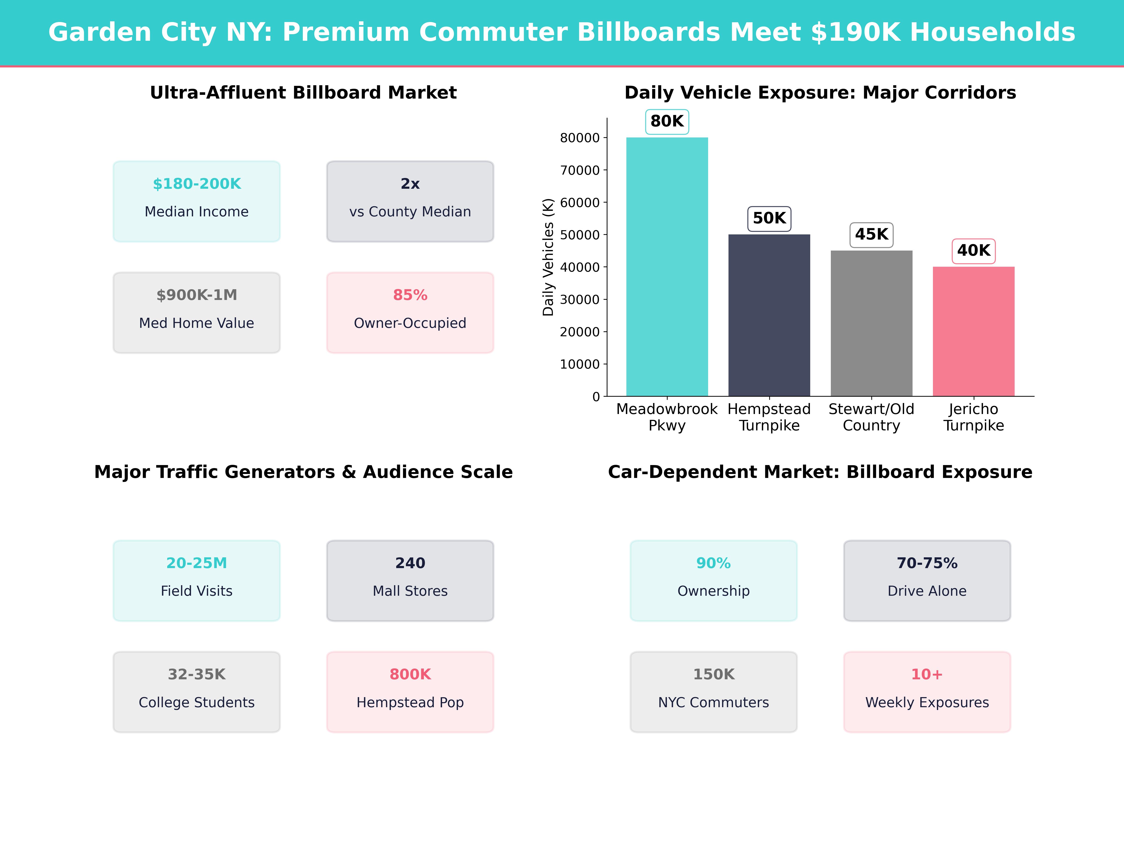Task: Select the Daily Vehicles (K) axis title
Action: click(x=548, y=257)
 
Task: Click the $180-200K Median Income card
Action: click(x=197, y=201)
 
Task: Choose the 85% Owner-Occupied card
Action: click(x=410, y=313)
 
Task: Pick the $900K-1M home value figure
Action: click(x=197, y=295)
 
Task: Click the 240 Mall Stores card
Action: click(x=410, y=580)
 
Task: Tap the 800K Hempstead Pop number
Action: click(x=410, y=674)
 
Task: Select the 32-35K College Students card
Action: click(x=197, y=691)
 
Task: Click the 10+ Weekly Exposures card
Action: click(x=927, y=691)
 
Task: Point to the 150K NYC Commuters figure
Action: click(x=714, y=674)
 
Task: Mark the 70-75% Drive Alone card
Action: click(x=927, y=580)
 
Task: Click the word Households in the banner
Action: click(x=992, y=33)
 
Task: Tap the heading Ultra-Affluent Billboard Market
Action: click(x=303, y=93)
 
